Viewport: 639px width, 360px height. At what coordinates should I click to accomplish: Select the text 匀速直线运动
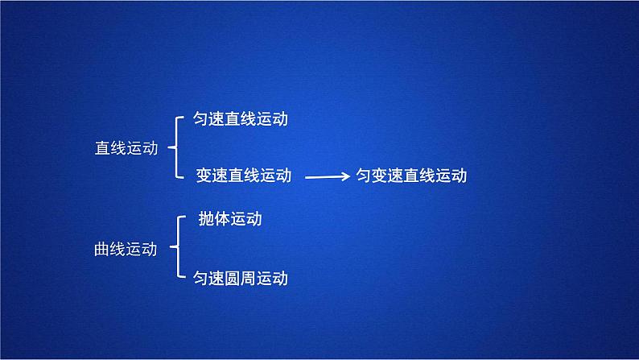[241, 119]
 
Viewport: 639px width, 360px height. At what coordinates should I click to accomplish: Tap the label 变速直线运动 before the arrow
[244, 175]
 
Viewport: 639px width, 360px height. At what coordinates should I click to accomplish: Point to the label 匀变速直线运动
[411, 176]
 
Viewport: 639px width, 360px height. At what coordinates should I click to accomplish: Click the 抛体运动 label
[230, 219]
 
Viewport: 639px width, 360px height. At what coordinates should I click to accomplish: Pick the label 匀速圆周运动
[241, 279]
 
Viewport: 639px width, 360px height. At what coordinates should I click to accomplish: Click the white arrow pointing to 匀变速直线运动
[326, 176]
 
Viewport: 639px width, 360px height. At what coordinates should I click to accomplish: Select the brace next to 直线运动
[176, 147]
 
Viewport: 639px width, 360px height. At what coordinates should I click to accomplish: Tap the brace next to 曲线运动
[176, 248]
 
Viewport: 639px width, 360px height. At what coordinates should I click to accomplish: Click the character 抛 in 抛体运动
[207, 219]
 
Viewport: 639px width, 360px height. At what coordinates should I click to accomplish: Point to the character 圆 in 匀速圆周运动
[241, 279]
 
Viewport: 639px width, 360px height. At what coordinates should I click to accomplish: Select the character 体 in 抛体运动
[223, 219]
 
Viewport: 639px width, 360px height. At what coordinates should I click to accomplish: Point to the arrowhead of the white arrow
[344, 176]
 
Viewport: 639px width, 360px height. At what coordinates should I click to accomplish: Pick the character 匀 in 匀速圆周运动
[201, 279]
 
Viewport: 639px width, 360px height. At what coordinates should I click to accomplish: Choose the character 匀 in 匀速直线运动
[201, 119]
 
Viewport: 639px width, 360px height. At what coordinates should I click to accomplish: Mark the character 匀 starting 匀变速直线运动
[364, 176]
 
